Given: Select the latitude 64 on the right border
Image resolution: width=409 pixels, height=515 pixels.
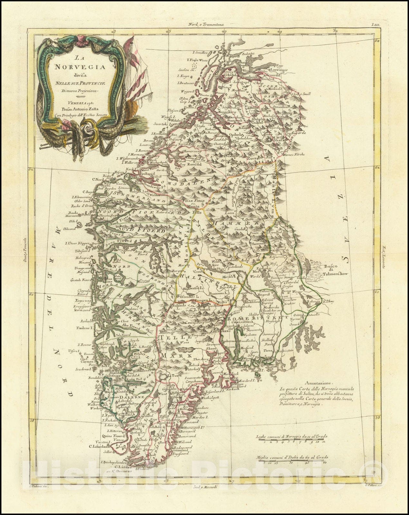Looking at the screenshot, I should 377,41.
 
